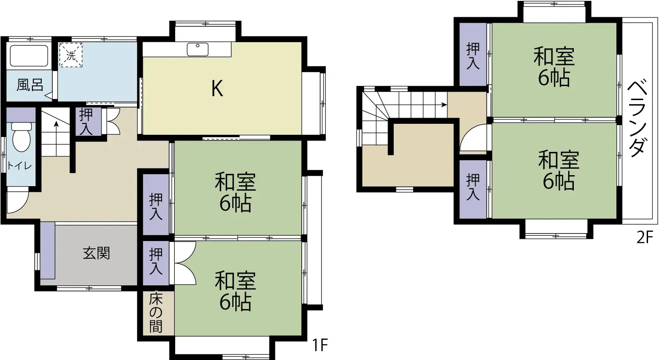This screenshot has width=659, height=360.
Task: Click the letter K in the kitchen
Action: coord(217,89)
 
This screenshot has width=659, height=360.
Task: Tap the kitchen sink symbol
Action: coord(198,49)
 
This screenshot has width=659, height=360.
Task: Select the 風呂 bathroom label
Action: coord(30,85)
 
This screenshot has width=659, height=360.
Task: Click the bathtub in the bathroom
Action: coord(29,56)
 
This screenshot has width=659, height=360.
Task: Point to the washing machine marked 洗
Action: coord(71,55)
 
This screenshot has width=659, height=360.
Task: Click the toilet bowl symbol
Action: coord(21,137)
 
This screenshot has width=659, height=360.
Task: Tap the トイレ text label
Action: coord(19,166)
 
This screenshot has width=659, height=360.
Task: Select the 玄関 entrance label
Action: coord(96,253)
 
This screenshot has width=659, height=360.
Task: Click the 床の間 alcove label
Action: coord(156,313)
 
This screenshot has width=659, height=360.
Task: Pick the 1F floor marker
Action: coord(320,345)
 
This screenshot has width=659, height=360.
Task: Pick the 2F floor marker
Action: coord(645,237)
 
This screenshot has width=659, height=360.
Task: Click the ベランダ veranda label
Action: coord(637,119)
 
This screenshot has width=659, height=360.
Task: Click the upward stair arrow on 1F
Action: coord(57,125)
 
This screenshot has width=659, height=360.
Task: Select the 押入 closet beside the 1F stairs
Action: coord(86,122)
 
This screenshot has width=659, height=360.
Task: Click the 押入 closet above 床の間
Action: coord(156,261)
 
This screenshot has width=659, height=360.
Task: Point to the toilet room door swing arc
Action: coord(18,200)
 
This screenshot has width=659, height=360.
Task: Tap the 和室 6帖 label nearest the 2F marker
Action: coord(558,170)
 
